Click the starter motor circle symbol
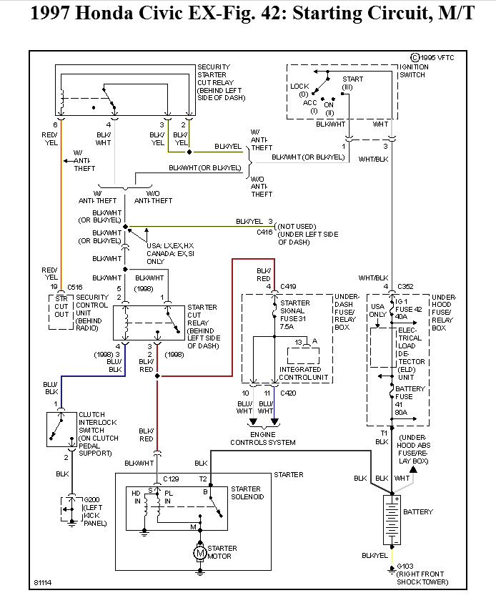tap(201, 552)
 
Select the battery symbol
tap(392, 519)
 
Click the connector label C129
tap(171, 478)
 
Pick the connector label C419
tap(288, 286)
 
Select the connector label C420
tap(288, 393)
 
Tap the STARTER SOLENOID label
tap(247, 494)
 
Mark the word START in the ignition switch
tap(352, 79)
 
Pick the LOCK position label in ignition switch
tap(299, 86)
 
